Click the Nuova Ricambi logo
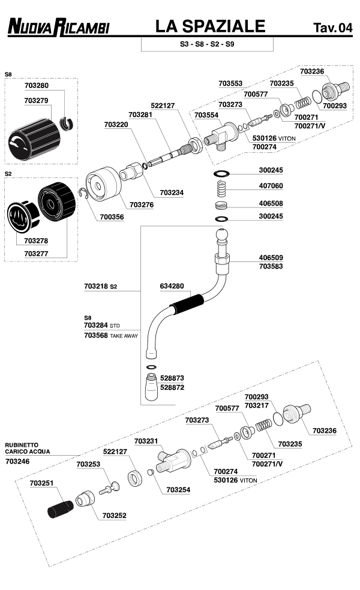point(58,27)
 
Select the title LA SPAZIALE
point(209,26)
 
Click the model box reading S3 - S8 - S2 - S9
point(207,44)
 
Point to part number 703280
point(37,86)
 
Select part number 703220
point(116,125)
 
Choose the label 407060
point(271,186)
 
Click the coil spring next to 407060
point(221,188)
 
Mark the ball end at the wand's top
point(222,235)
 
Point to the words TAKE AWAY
point(124,336)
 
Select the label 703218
point(96,287)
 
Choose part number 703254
point(178,490)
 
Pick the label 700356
point(112,216)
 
